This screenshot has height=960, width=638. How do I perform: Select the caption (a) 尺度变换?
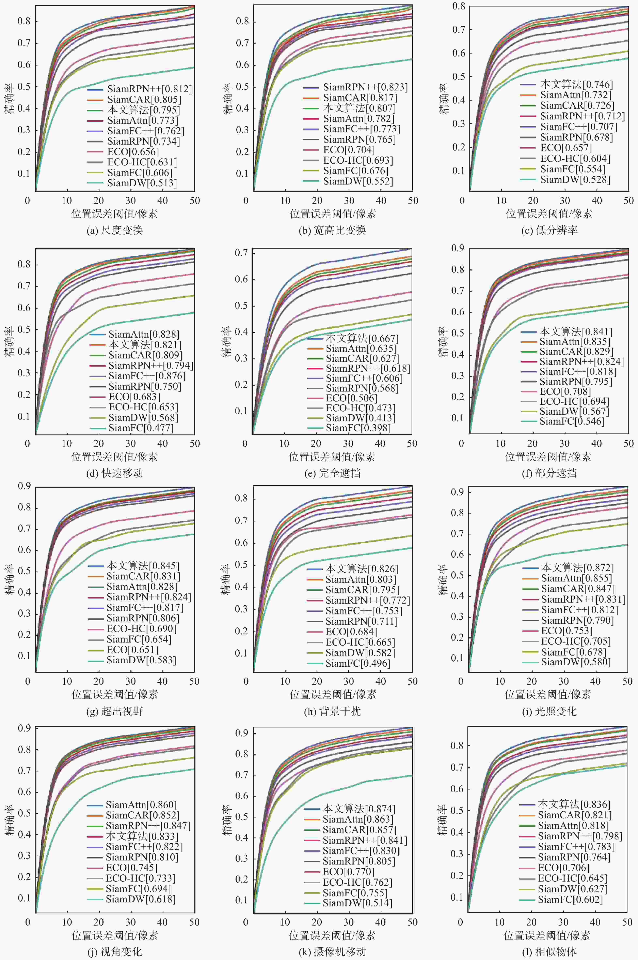click(x=115, y=230)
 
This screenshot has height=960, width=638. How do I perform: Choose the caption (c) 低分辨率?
click(x=549, y=230)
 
